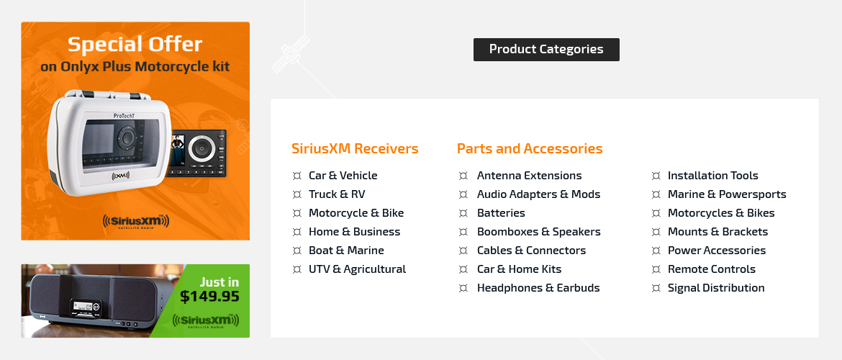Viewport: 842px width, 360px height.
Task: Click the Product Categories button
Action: pyautogui.click(x=546, y=50)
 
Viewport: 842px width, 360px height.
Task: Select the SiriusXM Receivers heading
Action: pyautogui.click(x=355, y=148)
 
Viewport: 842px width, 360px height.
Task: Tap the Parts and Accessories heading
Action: pyautogui.click(x=530, y=148)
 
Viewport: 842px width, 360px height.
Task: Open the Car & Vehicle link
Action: pyautogui.click(x=343, y=176)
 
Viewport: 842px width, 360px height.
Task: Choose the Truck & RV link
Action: pyautogui.click(x=337, y=194)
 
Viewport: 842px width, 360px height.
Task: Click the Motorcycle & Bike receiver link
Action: pyautogui.click(x=356, y=213)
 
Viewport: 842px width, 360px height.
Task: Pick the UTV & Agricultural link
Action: pyautogui.click(x=357, y=269)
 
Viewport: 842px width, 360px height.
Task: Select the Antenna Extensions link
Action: pyautogui.click(x=529, y=176)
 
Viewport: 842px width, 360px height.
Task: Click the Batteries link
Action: pyautogui.click(x=501, y=213)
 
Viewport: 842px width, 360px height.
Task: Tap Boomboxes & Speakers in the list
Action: pyautogui.click(x=538, y=232)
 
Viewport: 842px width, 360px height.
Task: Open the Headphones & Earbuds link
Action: pyautogui.click(x=538, y=288)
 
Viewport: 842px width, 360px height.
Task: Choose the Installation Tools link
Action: pyautogui.click(x=712, y=176)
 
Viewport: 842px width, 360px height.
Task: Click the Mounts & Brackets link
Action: pyautogui.click(x=717, y=232)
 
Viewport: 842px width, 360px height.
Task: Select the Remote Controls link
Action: pyautogui.click(x=712, y=269)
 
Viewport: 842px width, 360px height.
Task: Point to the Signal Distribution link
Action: pyautogui.click(x=716, y=288)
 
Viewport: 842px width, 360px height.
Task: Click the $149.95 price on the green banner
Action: pyautogui.click(x=209, y=297)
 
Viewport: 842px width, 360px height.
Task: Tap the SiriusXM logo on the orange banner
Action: pyautogui.click(x=135, y=221)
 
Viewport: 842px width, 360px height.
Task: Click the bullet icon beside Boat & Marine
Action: pyautogui.click(x=296, y=251)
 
